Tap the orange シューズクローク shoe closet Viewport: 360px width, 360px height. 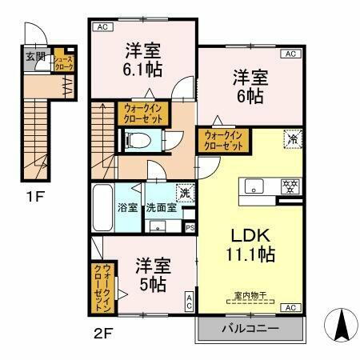click(64, 62)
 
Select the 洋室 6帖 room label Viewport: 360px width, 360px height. click(250, 86)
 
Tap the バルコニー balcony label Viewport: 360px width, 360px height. click(250, 329)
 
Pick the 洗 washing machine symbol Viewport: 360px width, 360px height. click(185, 192)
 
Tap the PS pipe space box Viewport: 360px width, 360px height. click(190, 227)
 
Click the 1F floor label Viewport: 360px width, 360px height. click(32, 193)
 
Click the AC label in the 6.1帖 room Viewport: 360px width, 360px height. click(102, 27)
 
